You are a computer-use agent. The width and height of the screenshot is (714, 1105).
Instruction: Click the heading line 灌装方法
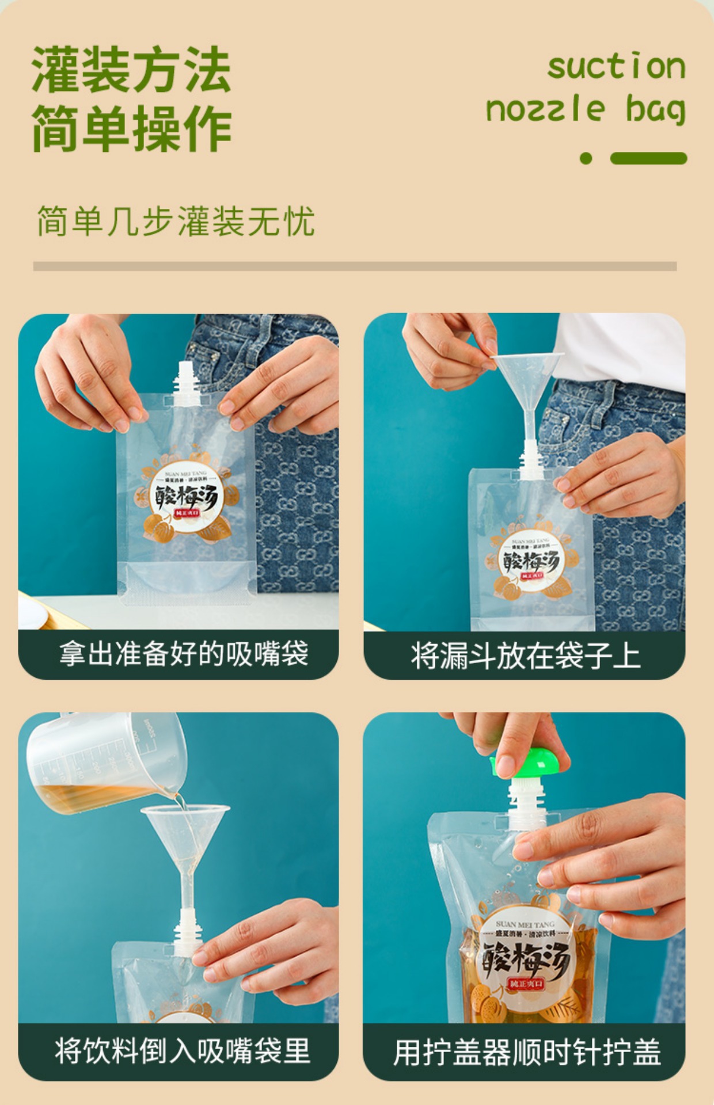pyautogui.click(x=131, y=70)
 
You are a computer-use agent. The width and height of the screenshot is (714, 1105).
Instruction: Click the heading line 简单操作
pyautogui.click(x=131, y=128)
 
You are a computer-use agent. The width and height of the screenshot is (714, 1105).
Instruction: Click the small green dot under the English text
pyautogui.click(x=586, y=158)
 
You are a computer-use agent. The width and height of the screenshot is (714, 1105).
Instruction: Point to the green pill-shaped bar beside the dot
pyautogui.click(x=648, y=158)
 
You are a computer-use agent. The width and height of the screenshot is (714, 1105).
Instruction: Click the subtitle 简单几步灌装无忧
pyautogui.click(x=176, y=220)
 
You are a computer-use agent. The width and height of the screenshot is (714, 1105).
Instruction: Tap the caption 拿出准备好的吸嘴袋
pyautogui.click(x=184, y=654)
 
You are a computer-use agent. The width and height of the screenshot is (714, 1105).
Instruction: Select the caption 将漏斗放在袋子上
pyautogui.click(x=525, y=656)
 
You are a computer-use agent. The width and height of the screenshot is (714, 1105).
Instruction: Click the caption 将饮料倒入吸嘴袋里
pyautogui.click(x=183, y=1051)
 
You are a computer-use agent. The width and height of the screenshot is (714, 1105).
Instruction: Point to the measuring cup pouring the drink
pyautogui.click(x=104, y=760)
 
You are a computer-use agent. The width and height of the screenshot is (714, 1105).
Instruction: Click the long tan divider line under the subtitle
pyautogui.click(x=355, y=266)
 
